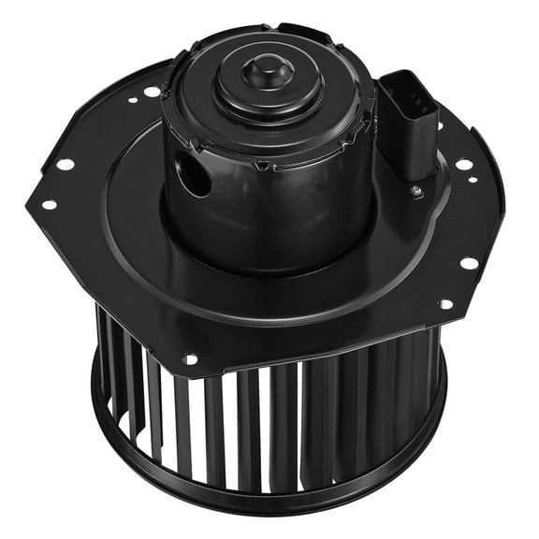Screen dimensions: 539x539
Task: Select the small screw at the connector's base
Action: (415, 193)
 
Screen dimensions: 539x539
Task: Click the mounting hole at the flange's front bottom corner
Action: (190, 358)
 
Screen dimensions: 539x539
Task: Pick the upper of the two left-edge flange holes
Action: (66, 165)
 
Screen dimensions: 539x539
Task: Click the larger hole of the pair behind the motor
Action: (152, 92)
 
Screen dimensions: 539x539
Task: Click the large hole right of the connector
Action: (462, 165)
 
